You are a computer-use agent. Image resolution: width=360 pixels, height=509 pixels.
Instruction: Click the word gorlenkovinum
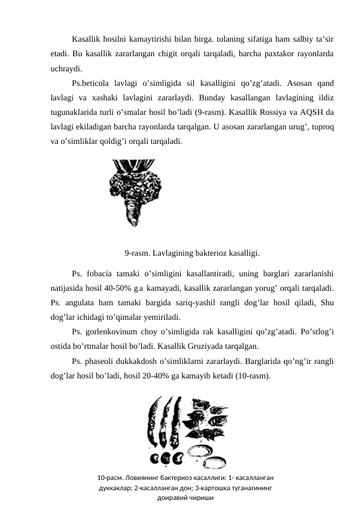pos(113,331)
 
